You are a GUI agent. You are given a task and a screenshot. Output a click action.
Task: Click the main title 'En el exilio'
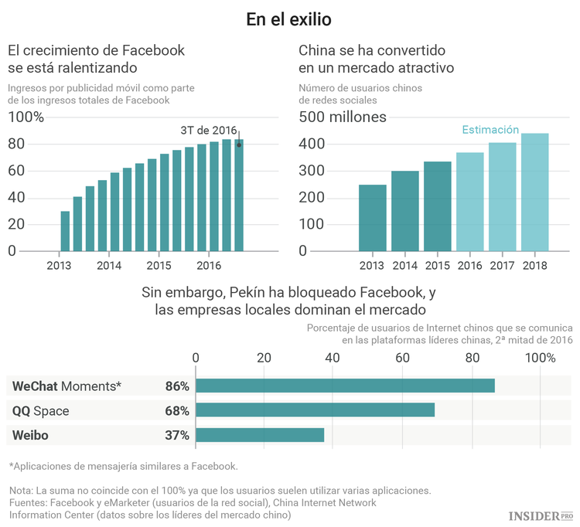[x=290, y=19]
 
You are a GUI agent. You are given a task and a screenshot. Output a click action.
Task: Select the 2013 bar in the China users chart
[x=373, y=218]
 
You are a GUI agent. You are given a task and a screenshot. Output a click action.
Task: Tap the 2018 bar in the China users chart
[x=535, y=192]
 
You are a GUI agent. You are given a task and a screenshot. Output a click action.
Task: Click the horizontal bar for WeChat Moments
[x=345, y=386]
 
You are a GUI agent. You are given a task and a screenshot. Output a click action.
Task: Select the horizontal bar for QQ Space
[x=315, y=410]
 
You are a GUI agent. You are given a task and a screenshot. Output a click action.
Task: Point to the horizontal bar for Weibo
[x=260, y=435]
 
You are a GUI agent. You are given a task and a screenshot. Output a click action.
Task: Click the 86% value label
[x=177, y=386]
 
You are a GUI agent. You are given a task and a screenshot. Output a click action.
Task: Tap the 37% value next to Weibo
[x=177, y=435]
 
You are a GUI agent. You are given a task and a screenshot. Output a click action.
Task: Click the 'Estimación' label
[x=490, y=130]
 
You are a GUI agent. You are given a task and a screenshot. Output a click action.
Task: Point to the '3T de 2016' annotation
[x=208, y=130]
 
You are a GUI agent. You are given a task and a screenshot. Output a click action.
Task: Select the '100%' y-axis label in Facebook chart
[x=26, y=117]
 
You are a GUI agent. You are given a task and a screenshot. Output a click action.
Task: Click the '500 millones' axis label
[x=343, y=117]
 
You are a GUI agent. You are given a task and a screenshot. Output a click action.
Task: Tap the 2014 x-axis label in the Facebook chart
[x=109, y=265]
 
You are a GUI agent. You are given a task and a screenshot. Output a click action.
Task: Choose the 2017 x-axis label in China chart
[x=502, y=265]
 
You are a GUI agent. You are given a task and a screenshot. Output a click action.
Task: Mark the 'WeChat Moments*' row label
[x=67, y=386]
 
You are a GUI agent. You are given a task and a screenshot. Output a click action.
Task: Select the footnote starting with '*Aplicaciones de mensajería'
[x=123, y=466]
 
